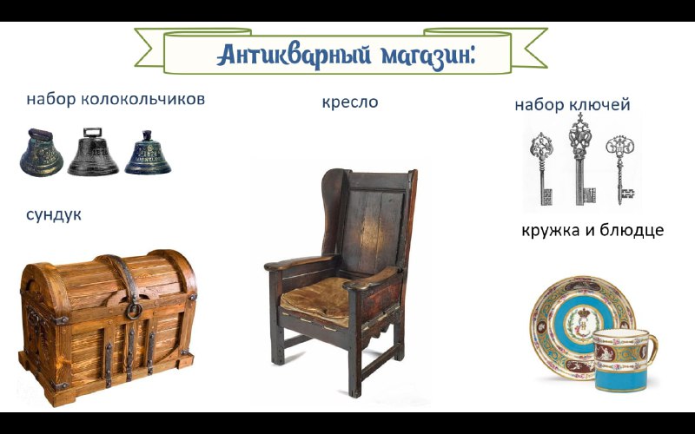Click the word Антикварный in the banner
click(x=294, y=55)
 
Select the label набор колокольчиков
click(x=116, y=99)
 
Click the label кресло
click(x=350, y=102)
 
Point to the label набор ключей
click(x=573, y=105)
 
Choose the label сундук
click(x=54, y=214)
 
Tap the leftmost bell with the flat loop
click(x=41, y=153)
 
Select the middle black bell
click(x=93, y=151)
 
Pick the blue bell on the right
click(x=148, y=153)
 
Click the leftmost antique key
click(x=542, y=169)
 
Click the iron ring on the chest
click(x=134, y=310)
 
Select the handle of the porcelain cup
click(x=652, y=350)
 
